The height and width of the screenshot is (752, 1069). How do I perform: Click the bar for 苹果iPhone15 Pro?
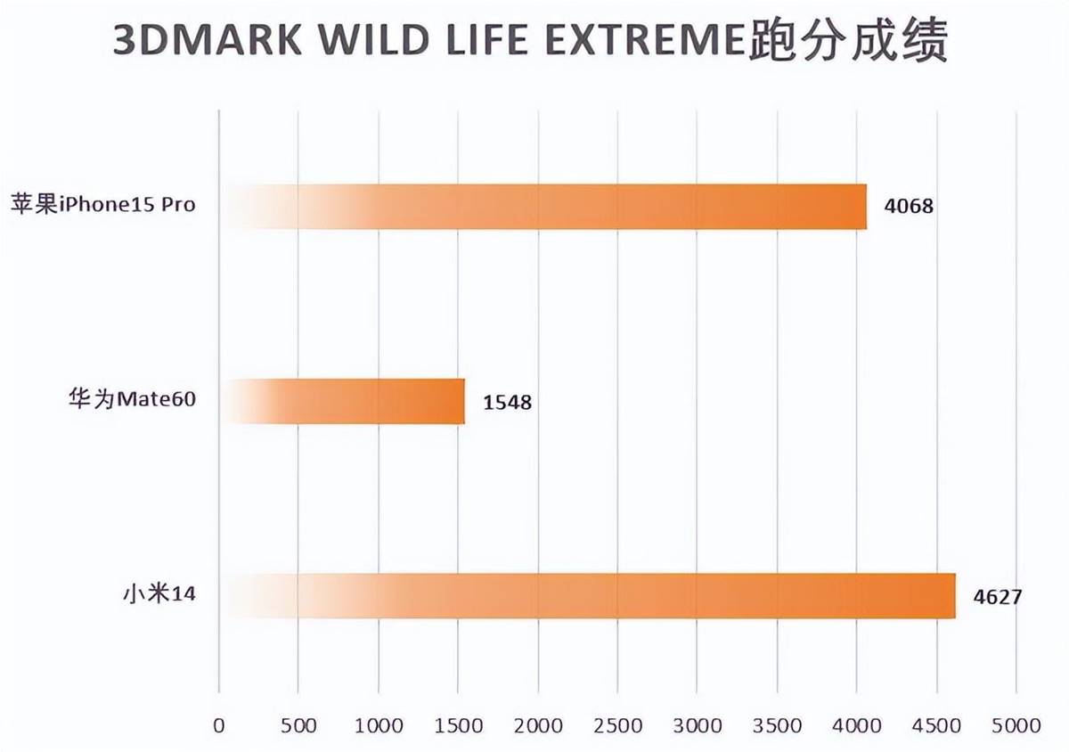[543, 207]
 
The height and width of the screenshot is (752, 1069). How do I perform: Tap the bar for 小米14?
[588, 596]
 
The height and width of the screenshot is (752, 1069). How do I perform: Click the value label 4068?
[909, 208]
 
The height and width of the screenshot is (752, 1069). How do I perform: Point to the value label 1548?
[507, 403]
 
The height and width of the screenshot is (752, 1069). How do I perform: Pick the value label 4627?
[997, 597]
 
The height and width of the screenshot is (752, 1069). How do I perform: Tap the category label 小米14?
[159, 593]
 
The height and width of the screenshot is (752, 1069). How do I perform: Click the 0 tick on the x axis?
[219, 725]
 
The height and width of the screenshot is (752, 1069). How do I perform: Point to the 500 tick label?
[298, 725]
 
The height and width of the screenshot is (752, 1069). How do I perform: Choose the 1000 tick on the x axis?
[378, 725]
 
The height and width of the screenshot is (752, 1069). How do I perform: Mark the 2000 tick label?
[537, 725]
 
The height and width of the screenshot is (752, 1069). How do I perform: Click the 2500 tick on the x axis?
[617, 725]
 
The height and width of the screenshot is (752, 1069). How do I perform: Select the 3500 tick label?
[777, 725]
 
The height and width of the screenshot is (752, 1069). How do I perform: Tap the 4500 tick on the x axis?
[936, 725]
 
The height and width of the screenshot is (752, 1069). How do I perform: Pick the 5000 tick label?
[1016, 725]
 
